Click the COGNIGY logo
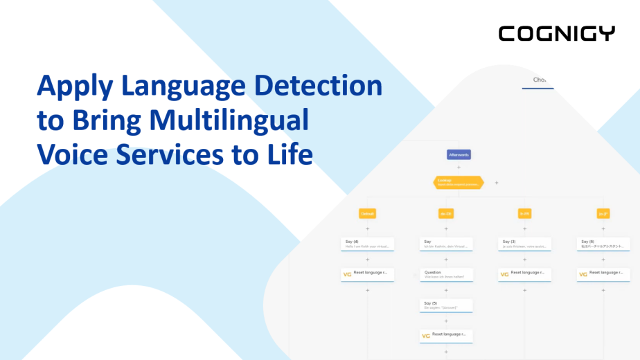(556, 33)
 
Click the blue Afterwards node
(459, 154)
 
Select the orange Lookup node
(458, 182)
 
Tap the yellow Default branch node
(367, 214)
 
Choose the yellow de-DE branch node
(446, 214)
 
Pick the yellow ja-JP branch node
(603, 214)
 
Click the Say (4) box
(368, 244)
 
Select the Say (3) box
(525, 244)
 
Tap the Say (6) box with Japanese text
(603, 244)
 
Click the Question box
(447, 274)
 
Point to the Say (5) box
(447, 305)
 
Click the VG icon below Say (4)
(348, 274)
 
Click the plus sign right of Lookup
(497, 183)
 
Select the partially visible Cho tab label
(540, 80)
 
